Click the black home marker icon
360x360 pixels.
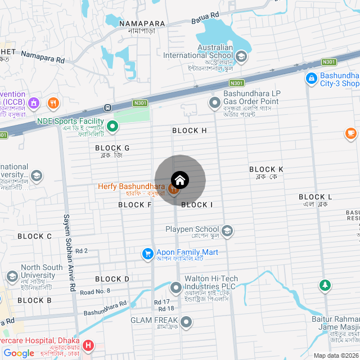coord(180,180)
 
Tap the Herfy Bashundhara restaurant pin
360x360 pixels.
coord(173,190)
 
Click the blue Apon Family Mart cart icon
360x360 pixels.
coord(148,254)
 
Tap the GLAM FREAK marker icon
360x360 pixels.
coord(186,322)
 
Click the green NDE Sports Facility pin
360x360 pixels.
coord(112,127)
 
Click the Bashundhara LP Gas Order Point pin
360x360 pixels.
coord(214,103)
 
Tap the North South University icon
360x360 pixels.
coord(12,276)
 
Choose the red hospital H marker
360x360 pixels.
coord(88,345)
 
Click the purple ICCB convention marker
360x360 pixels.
coord(33,103)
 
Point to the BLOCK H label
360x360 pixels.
coord(190,130)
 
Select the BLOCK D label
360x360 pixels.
coord(112,279)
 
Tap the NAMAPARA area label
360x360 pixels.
coord(142,24)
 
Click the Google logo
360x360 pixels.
coord(19,353)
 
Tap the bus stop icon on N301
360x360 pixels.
coord(107,107)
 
